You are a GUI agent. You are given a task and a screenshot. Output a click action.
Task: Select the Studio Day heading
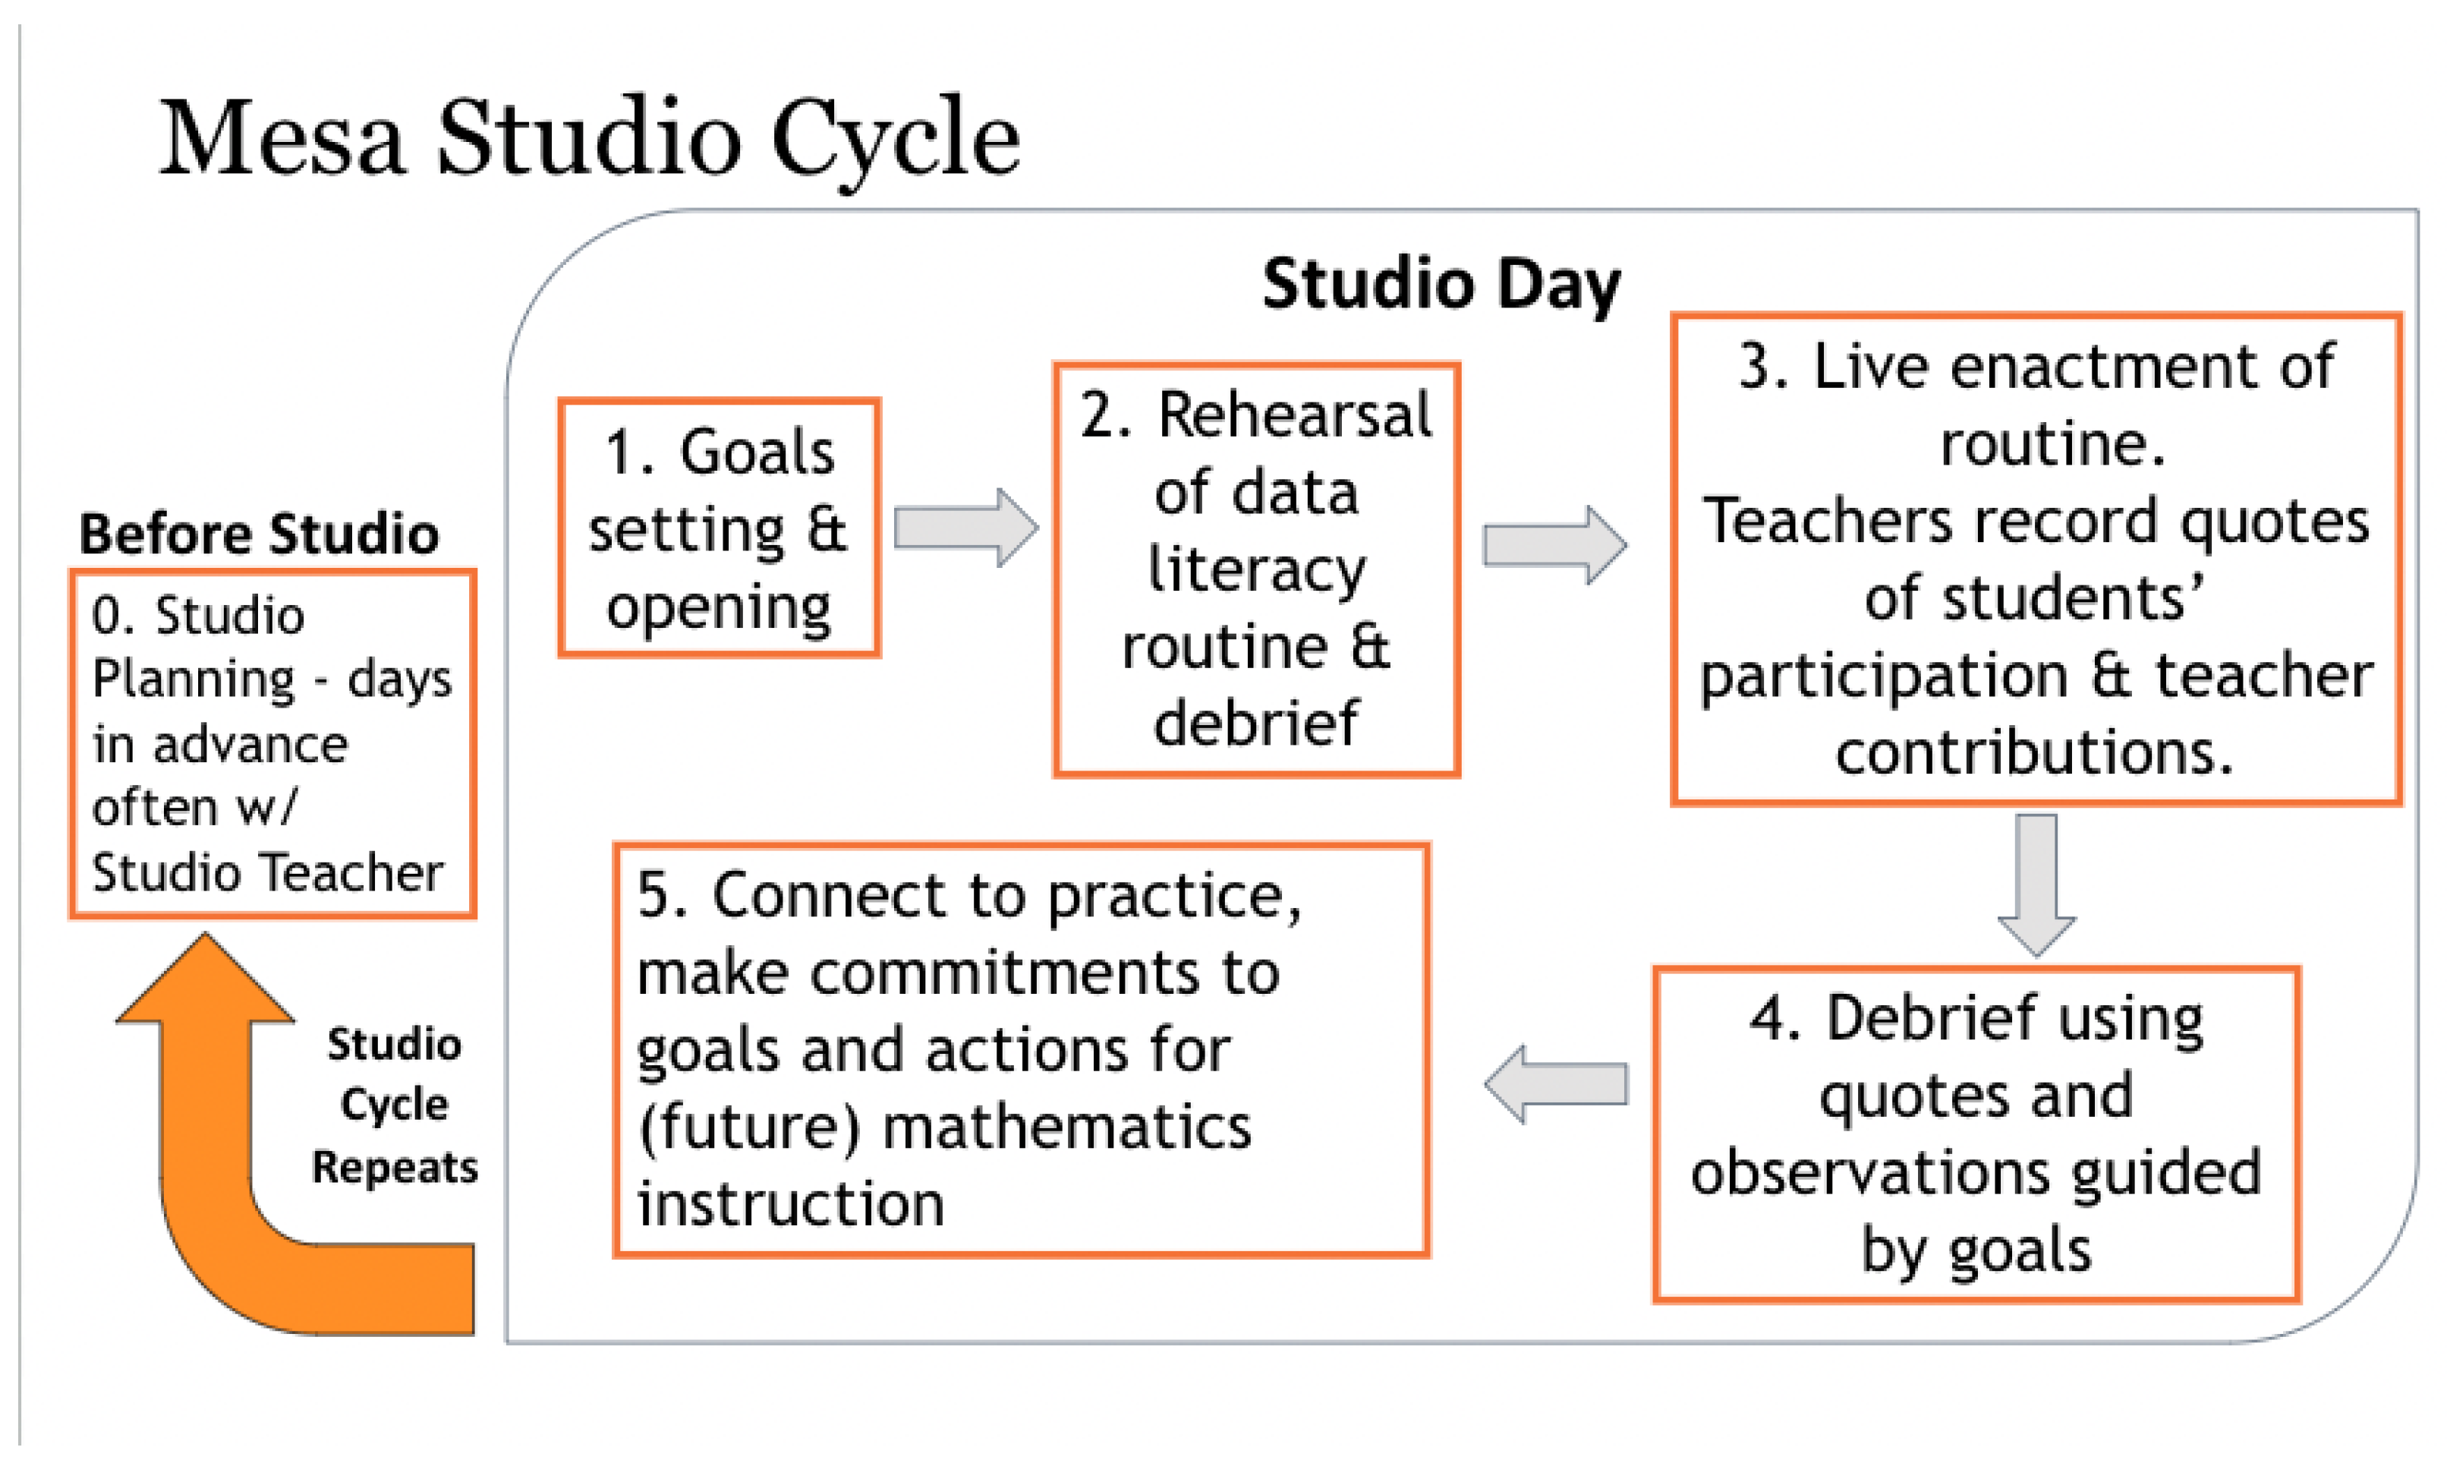(x=1441, y=284)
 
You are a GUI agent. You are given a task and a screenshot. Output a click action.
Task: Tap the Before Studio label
(x=258, y=534)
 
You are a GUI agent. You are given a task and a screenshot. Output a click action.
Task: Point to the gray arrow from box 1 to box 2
(x=964, y=528)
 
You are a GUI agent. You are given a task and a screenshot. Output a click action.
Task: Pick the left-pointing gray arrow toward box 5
(x=1555, y=1084)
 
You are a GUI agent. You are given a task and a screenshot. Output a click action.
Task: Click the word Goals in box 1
(x=757, y=452)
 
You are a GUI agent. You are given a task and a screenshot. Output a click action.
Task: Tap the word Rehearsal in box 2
(x=1293, y=415)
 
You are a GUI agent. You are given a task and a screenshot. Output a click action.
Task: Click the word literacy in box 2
(x=1256, y=570)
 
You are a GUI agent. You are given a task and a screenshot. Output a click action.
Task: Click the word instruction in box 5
(x=790, y=1205)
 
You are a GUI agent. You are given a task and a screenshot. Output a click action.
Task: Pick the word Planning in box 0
(x=193, y=680)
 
